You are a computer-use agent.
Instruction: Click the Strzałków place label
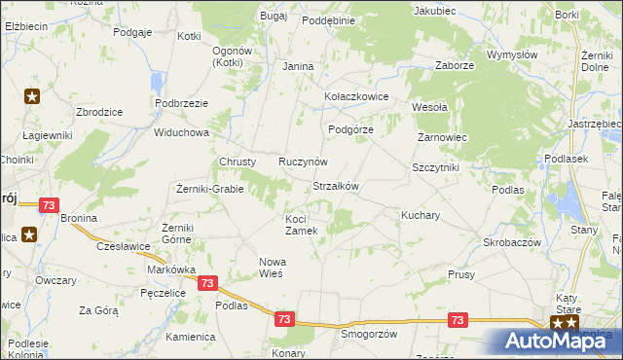(336, 186)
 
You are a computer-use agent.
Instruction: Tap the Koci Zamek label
(301, 225)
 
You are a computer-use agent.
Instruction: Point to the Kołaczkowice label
(356, 97)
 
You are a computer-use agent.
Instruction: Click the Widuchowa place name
(182, 132)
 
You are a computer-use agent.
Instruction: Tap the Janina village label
(298, 66)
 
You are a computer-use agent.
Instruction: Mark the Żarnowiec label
(443, 137)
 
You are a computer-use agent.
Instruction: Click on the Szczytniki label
(435, 167)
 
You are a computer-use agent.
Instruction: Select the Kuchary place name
(421, 214)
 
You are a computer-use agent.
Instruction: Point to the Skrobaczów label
(512, 241)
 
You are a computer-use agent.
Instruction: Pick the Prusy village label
(461, 275)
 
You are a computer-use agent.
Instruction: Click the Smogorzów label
(370, 334)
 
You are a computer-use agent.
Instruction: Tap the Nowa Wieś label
(271, 268)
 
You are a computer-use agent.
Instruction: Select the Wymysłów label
(512, 55)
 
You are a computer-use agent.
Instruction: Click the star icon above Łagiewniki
(32, 96)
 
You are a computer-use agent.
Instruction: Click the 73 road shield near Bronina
(50, 206)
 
